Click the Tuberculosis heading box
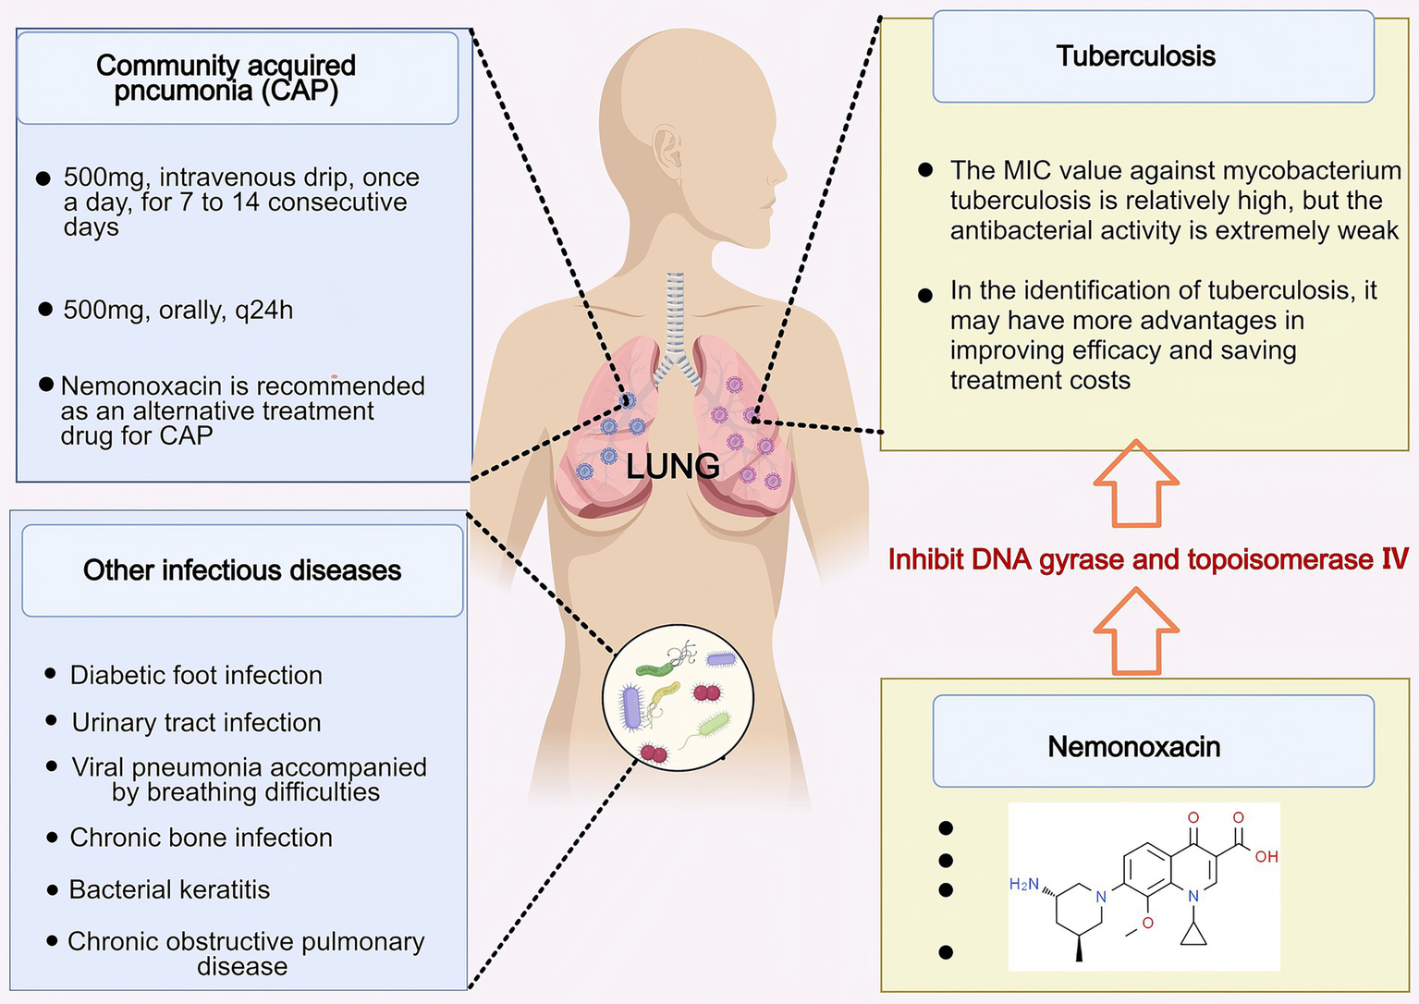[1153, 56]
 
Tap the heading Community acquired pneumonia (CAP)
[226, 78]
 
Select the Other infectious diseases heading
[242, 570]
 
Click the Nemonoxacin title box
[1153, 746]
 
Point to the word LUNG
[672, 467]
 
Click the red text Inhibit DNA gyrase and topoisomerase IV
[1147, 559]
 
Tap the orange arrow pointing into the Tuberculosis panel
[1136, 484]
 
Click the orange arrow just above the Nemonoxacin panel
[1136, 632]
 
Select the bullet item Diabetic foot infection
[196, 675]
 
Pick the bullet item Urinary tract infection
[196, 722]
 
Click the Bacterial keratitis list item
[169, 889]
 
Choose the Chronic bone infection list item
[201, 838]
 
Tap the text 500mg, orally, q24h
[177, 311]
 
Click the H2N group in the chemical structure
[1024, 885]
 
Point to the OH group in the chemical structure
[1266, 857]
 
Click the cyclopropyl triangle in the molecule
[1193, 935]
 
